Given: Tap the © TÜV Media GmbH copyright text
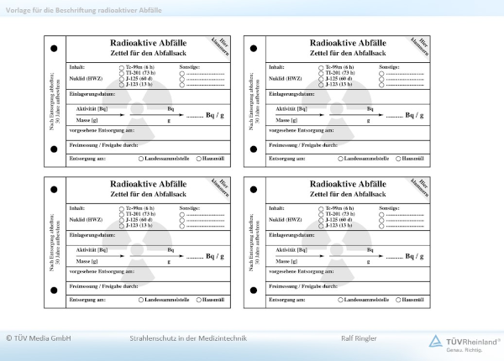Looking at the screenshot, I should (38, 339).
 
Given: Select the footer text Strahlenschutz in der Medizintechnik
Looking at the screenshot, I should (181, 339).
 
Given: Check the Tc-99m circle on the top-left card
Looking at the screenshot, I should (122, 66).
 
